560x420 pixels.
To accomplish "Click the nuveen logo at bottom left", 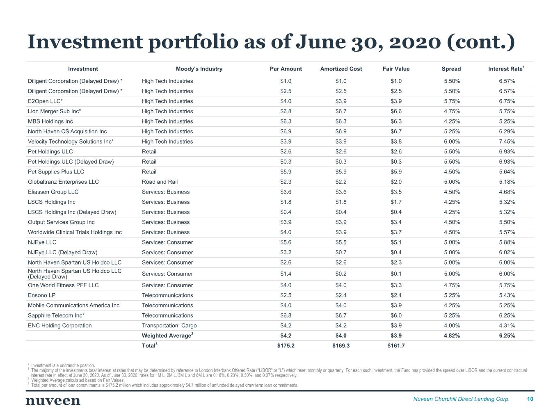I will (53, 401).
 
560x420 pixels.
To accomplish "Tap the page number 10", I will (530, 399).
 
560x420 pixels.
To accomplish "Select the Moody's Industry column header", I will (199, 69).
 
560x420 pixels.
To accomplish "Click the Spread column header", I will (451, 69).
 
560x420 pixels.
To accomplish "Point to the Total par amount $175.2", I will (286, 346).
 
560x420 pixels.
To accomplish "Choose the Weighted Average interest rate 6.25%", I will (507, 336).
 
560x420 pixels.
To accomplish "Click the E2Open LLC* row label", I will (45, 101).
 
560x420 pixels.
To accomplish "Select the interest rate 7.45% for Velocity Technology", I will (507, 142).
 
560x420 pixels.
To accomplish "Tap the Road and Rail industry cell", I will (160, 182).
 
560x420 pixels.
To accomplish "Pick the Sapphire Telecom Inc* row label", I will (56, 315).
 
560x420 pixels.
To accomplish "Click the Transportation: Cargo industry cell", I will (169, 326).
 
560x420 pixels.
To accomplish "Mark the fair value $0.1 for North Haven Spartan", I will (396, 274).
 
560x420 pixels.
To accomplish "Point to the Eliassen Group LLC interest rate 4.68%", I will (507, 192).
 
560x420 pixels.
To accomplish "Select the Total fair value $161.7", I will (396, 346).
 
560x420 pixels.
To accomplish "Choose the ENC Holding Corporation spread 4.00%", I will (452, 326).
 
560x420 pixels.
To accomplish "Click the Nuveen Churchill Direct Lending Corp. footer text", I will (461, 399).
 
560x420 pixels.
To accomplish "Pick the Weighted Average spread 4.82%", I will (452, 336).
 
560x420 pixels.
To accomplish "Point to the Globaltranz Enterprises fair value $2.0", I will (396, 182).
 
